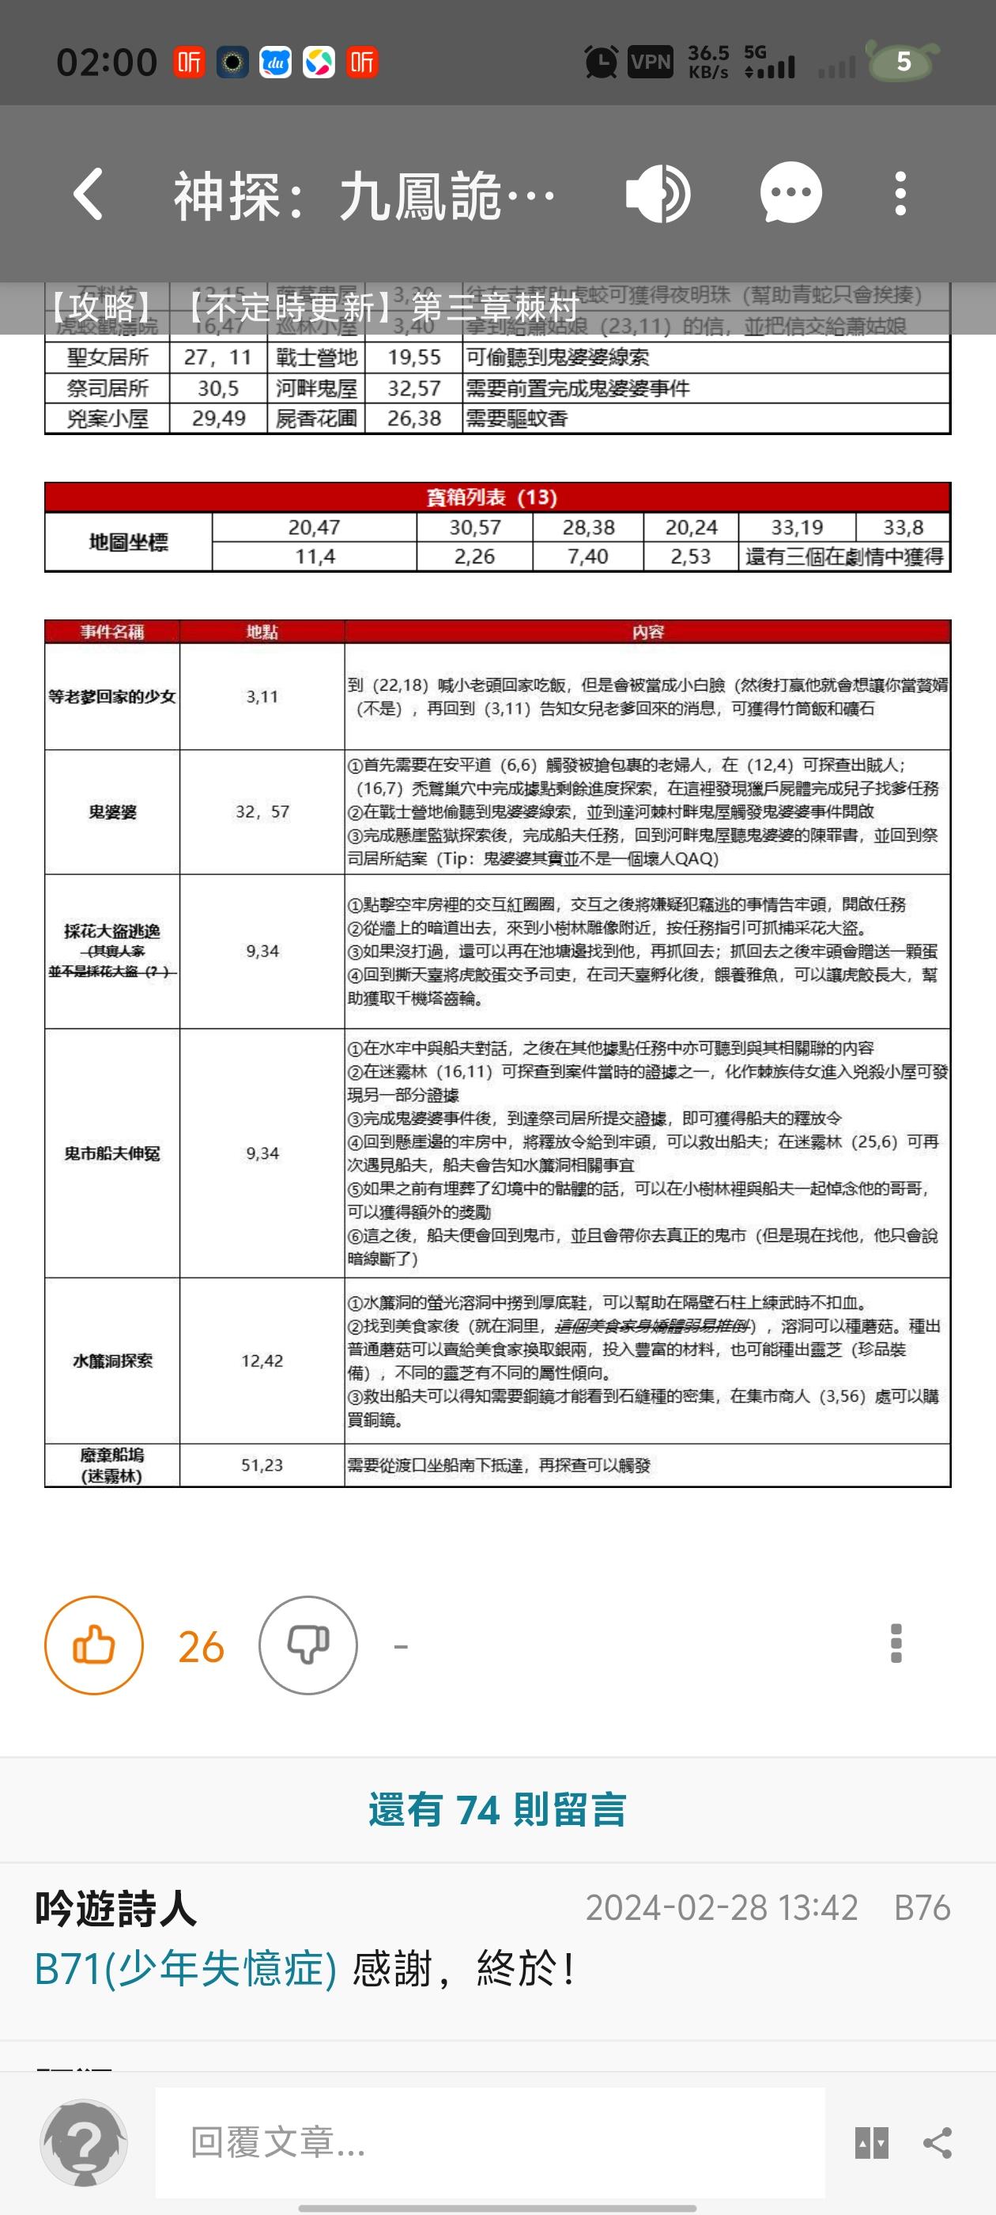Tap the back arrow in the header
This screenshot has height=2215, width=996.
pos(89,194)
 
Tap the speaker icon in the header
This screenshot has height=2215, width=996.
pos(658,194)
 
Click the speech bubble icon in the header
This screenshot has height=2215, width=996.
pos(790,194)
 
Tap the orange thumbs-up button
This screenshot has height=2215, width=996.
pos(93,1645)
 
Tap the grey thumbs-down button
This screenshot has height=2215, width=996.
pos(307,1645)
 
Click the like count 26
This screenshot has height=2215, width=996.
pos(201,1647)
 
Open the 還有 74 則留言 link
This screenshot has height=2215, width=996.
pos(497,1809)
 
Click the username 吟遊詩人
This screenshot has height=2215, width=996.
pos(116,1908)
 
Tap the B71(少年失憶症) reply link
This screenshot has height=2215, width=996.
pos(186,1968)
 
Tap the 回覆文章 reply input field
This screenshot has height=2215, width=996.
pos(490,2142)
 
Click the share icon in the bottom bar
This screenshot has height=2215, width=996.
pos(938,2143)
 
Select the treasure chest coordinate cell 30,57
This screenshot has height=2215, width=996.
pos(474,527)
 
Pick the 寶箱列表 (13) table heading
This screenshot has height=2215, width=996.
pos(492,497)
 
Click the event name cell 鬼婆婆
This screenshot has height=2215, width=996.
pos(111,812)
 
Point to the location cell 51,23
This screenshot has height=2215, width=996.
pos(262,1464)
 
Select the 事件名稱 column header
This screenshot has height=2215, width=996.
pos(111,632)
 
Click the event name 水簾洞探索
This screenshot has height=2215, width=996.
pos(111,1361)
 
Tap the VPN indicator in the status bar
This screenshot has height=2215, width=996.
pos(650,62)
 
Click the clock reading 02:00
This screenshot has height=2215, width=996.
pos(107,62)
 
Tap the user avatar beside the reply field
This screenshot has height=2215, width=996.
pos(85,2142)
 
